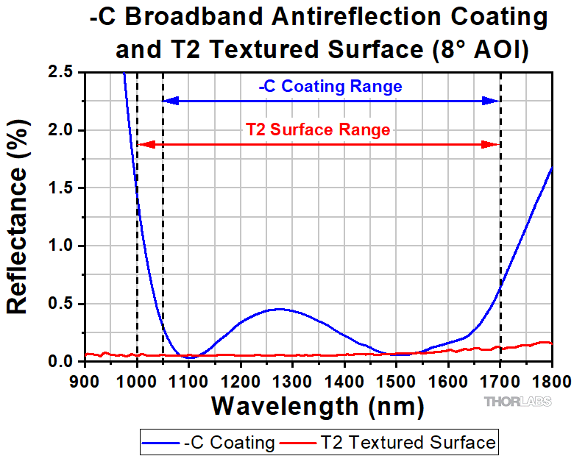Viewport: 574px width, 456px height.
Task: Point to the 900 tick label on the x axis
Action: point(85,380)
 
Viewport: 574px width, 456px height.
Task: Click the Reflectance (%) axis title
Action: point(19,217)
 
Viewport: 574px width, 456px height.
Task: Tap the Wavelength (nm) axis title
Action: point(317,405)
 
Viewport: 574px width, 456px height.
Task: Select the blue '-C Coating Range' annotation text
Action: point(330,87)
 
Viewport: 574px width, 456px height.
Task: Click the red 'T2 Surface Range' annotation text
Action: point(318,130)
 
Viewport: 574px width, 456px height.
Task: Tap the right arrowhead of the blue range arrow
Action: point(492,101)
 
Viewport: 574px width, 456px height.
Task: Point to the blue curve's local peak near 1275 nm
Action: point(277,309)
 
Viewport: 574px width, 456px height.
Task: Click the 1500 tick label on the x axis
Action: point(396,380)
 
